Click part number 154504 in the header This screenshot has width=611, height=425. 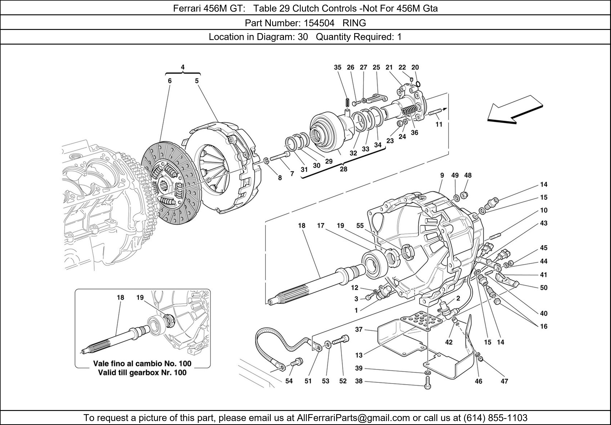click(x=319, y=23)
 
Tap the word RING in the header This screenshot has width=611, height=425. click(x=354, y=23)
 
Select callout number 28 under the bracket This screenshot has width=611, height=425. click(x=343, y=169)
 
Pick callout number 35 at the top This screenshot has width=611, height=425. click(x=337, y=68)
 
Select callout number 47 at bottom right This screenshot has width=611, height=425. click(x=504, y=381)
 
